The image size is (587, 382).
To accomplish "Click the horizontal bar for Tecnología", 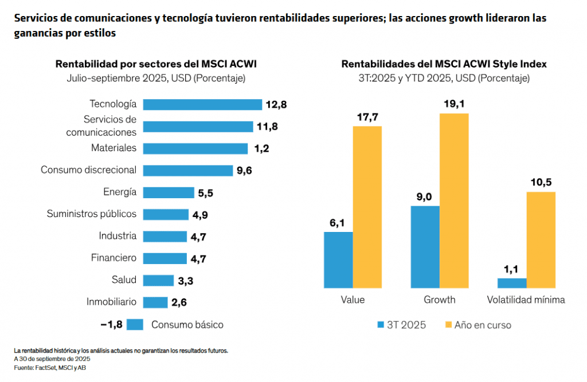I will pos(202,104).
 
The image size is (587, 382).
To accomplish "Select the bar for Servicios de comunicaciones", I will pos(198,127).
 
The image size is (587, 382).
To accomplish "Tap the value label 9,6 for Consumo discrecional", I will pos(245,171).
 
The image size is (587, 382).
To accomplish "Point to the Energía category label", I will pos(120,192).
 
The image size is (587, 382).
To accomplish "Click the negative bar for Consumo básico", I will pos(135,325).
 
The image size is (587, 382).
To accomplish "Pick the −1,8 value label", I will pos(111,325).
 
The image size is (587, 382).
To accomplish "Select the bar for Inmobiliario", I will pos(155,302).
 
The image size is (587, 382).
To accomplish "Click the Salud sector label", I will pos(124,280).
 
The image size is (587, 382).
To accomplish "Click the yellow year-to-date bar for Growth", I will pos(454,200).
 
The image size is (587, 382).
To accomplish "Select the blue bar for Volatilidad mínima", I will pos(512,283).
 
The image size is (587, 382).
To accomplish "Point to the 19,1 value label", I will pos(454,104).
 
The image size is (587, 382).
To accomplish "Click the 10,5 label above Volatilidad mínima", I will pos(541,183).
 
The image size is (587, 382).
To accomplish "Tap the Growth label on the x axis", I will pos(440,300).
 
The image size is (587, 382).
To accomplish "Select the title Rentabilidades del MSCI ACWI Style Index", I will pos(444,64).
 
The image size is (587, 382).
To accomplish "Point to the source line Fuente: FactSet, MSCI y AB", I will pos(50,367).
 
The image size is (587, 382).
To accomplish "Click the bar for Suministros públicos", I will pos(166,214).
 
